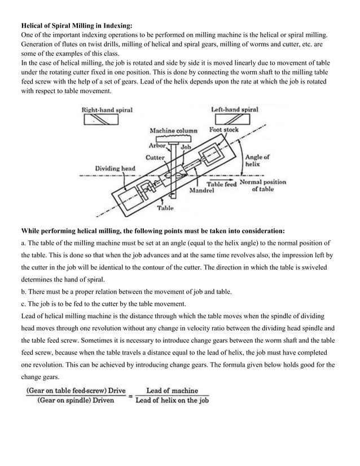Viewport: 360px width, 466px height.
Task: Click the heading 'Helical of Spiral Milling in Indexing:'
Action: tap(77, 25)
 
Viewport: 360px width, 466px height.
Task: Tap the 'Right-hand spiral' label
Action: tap(107, 109)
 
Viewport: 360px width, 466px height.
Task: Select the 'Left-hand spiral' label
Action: tap(234, 109)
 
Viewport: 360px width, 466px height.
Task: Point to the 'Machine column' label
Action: tap(173, 130)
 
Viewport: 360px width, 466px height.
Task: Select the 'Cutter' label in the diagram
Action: tap(155, 157)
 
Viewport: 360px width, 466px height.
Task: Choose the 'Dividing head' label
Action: tap(115, 168)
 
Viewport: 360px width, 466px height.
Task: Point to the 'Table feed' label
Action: tap(221, 184)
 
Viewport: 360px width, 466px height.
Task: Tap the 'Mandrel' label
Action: tap(201, 191)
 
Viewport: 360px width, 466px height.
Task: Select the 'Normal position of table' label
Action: tap(263, 186)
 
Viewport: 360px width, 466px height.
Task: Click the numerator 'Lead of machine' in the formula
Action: tap(172, 390)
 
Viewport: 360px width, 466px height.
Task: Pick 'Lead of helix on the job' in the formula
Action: tap(172, 401)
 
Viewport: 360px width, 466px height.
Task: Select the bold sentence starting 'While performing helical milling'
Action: tap(153, 231)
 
